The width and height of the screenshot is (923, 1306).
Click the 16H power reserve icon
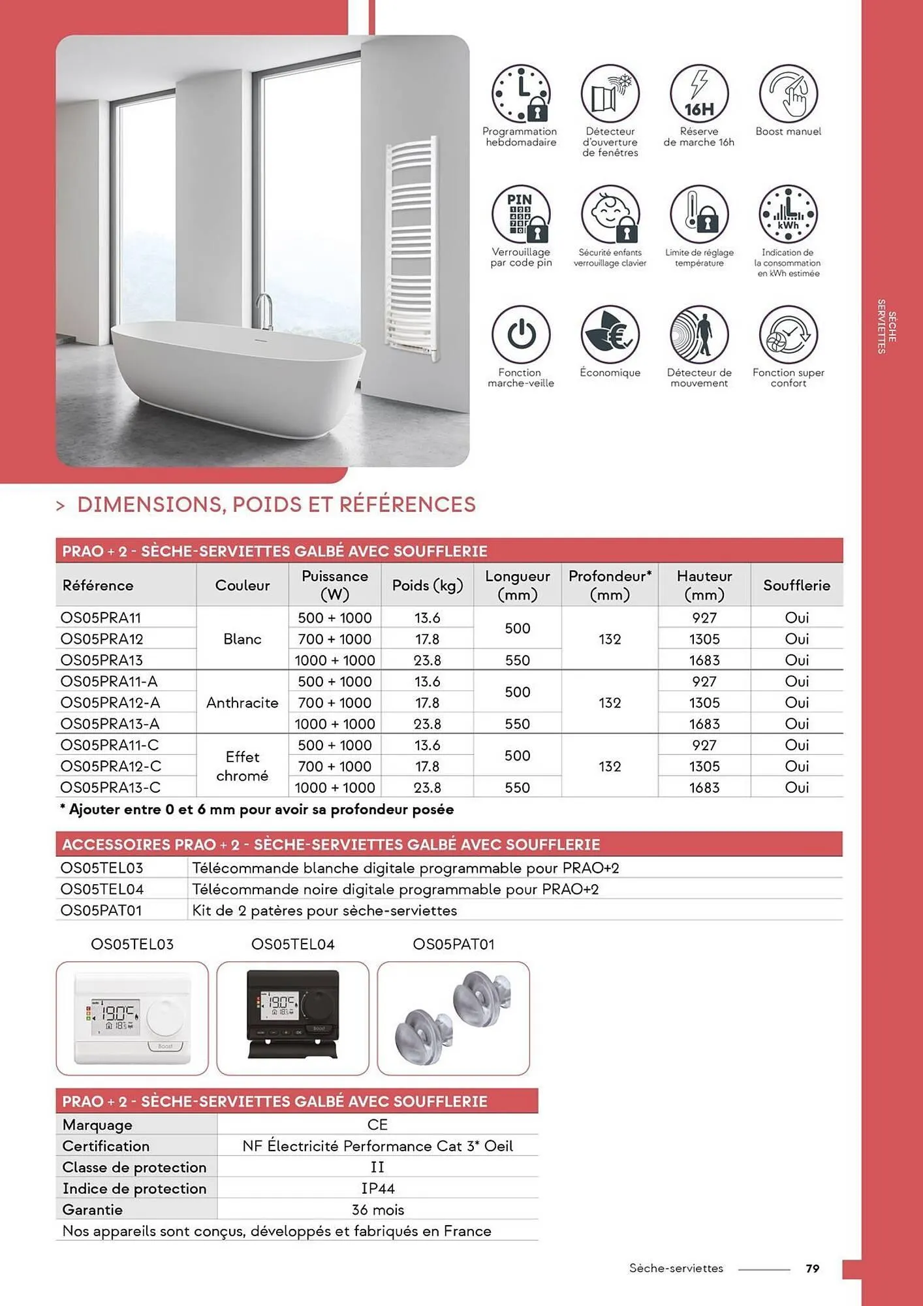[x=699, y=94]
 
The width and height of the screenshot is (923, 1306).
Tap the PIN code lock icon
[x=520, y=215]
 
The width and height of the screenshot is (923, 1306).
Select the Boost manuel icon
[x=788, y=94]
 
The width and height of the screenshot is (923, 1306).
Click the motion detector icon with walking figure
[x=699, y=335]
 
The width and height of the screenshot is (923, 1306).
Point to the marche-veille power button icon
[x=520, y=335]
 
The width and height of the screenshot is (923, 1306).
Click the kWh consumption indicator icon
[x=788, y=215]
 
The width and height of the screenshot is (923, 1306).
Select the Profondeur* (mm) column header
[x=610, y=585]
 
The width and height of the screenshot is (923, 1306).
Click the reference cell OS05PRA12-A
[x=110, y=703]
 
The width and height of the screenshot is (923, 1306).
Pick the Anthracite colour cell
[x=242, y=703]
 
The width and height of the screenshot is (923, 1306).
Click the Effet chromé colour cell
[x=242, y=766]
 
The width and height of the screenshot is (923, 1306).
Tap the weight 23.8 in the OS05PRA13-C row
[x=427, y=788]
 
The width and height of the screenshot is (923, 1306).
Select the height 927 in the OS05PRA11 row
[x=704, y=618]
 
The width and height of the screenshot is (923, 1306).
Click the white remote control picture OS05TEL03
[x=133, y=1018]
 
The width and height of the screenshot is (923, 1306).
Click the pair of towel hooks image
[x=454, y=1018]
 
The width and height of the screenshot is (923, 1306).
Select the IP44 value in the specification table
[x=377, y=1188]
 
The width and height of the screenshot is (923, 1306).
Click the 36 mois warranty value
[x=377, y=1209]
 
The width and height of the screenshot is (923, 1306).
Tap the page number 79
[x=812, y=1268]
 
